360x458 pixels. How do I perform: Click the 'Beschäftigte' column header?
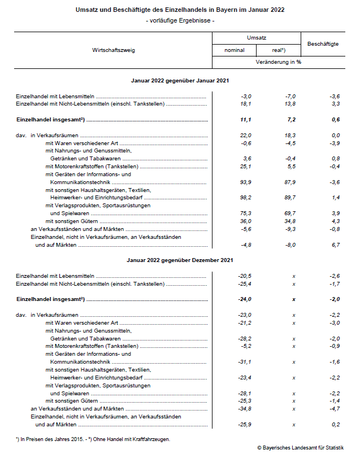[x=322, y=43]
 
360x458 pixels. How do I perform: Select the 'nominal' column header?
[x=234, y=50]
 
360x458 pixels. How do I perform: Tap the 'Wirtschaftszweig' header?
[x=114, y=50]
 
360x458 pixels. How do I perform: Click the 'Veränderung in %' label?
[x=278, y=62]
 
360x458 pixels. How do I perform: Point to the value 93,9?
[x=243, y=182]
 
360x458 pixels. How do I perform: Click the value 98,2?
[x=243, y=198]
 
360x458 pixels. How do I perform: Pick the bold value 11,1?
[x=244, y=120]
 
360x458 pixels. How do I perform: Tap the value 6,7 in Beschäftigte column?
[x=334, y=246]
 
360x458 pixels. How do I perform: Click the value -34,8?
[x=242, y=408]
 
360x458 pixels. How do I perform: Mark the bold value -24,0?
[x=242, y=299]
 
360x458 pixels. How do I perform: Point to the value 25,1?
[x=243, y=167]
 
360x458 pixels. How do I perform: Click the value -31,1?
[x=242, y=361]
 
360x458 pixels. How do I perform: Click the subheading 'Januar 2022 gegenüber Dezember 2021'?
[x=179, y=260]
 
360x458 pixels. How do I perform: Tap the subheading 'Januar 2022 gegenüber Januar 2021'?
[x=179, y=81]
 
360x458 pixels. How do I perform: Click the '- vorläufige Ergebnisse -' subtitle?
[x=180, y=21]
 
